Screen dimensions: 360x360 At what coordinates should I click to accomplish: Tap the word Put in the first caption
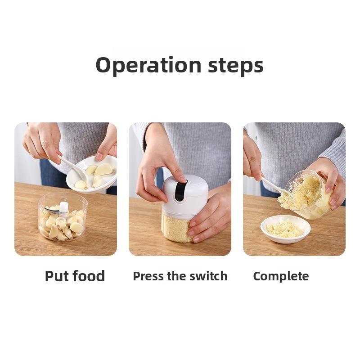(57, 276)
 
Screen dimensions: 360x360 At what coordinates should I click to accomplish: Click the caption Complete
(281, 276)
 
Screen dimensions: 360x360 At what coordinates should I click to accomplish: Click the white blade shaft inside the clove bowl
(64, 207)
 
